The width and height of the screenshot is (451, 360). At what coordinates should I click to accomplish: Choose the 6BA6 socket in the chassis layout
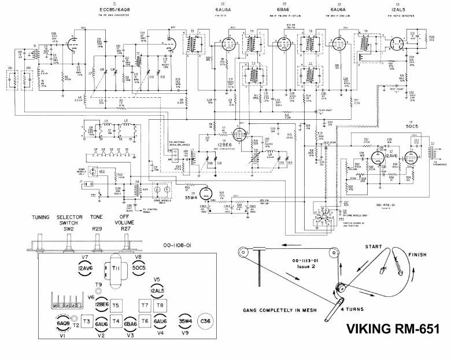(x=130, y=324)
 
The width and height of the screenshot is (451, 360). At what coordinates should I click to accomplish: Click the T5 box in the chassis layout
(x=116, y=305)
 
